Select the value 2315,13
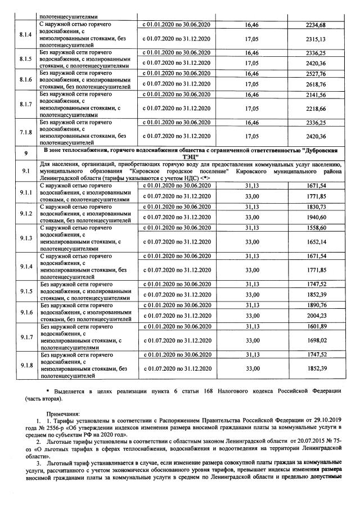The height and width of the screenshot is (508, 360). (x=314, y=39)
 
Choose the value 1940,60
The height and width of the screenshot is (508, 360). (x=314, y=218)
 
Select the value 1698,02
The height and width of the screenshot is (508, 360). (x=314, y=341)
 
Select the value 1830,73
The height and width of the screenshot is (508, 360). (x=314, y=206)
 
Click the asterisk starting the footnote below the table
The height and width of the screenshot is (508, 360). (x=48, y=391)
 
